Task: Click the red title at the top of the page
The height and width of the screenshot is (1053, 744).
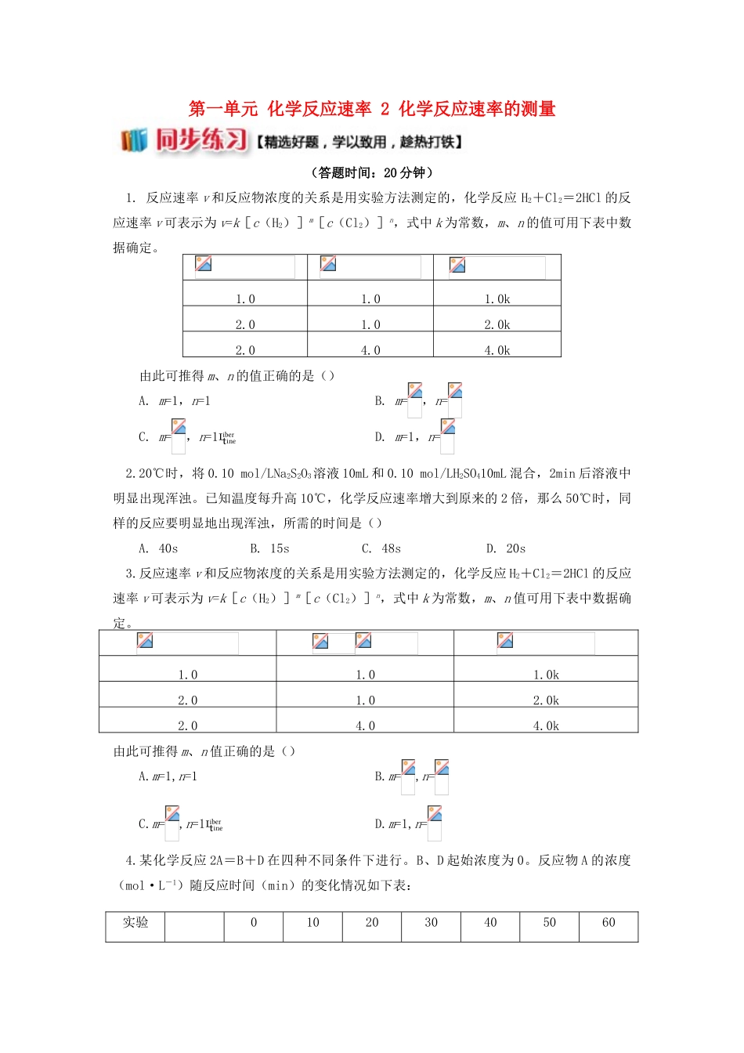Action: point(372,109)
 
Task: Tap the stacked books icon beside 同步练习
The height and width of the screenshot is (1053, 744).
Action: point(133,140)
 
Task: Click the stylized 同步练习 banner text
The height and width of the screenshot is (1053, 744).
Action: point(201,140)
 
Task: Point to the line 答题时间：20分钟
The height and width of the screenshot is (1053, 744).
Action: point(372,172)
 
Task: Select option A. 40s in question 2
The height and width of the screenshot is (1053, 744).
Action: point(158,548)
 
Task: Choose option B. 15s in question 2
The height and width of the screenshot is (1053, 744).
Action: point(269,548)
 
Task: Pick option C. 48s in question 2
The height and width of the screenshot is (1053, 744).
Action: point(381,548)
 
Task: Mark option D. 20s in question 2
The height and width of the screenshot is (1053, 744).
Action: point(506,548)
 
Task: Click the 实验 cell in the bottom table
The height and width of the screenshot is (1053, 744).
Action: point(135,923)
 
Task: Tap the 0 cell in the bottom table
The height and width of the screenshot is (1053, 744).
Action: point(254,923)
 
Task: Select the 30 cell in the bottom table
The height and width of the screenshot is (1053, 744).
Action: point(431,923)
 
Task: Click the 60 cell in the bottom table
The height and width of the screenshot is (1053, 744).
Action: point(609,923)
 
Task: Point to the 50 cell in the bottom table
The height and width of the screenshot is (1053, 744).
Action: point(550,923)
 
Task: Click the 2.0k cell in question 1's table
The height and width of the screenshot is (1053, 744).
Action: point(497,324)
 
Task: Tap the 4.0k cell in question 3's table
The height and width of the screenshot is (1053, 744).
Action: point(546,726)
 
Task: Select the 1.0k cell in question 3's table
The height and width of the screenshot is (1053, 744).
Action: point(546,675)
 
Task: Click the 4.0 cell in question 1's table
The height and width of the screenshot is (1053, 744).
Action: point(370,350)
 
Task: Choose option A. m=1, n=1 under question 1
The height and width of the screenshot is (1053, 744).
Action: point(175,401)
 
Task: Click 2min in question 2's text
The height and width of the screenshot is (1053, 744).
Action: point(563,473)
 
